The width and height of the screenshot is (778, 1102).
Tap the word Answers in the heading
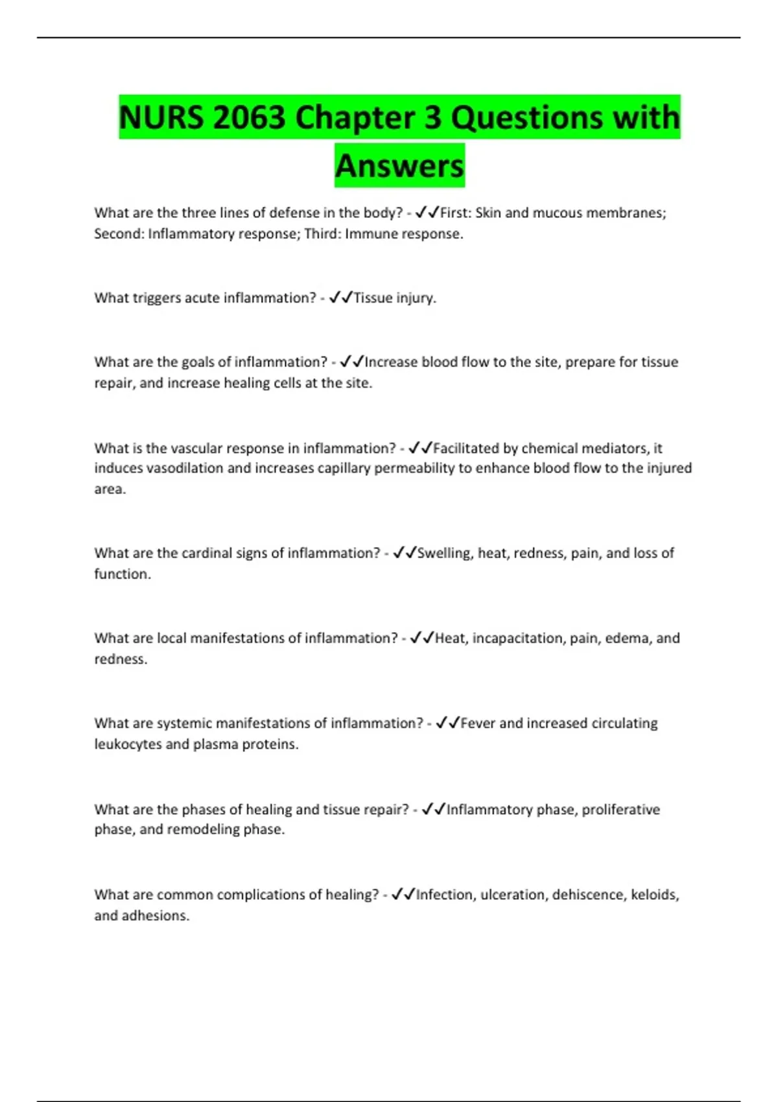tap(399, 166)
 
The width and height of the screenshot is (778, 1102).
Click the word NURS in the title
tap(161, 118)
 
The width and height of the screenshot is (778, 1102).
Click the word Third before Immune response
tap(322, 234)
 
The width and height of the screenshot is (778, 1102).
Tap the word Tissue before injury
tap(373, 298)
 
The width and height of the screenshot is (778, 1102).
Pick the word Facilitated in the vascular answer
tap(466, 449)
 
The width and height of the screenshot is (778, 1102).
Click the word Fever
tap(478, 723)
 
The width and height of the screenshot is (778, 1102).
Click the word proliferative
tap(620, 810)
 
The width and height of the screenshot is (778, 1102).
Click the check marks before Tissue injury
tap(340, 298)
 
